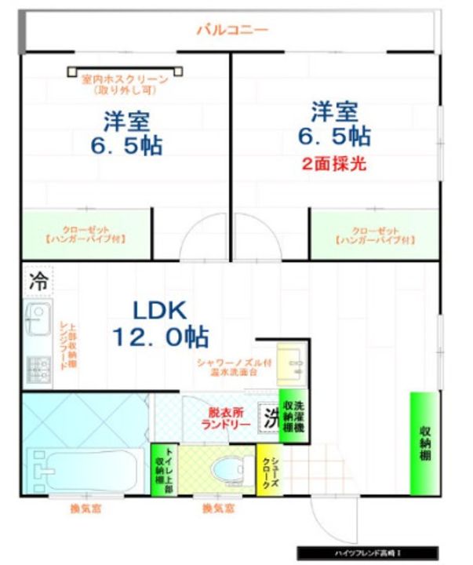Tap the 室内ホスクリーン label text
click(125, 84)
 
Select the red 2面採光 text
click(334, 165)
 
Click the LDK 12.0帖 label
click(160, 323)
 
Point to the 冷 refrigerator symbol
click(36, 279)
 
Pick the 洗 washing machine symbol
click(270, 416)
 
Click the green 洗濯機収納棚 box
click(293, 415)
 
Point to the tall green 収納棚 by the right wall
click(424, 443)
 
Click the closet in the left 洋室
click(86, 234)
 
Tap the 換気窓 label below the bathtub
click(85, 508)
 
